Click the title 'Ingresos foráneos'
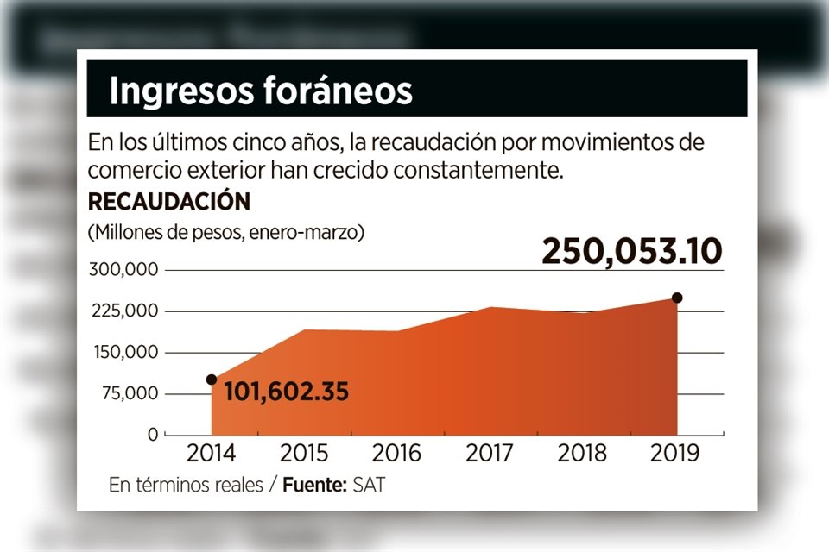(x=260, y=91)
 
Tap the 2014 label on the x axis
(x=212, y=454)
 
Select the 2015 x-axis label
(x=304, y=454)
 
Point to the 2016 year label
(x=397, y=454)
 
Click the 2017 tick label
(x=490, y=454)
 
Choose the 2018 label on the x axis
(x=582, y=454)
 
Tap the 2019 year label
(x=675, y=454)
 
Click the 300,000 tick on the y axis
(x=123, y=270)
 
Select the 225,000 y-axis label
(x=123, y=311)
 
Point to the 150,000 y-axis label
(x=123, y=353)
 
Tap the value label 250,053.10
(x=631, y=251)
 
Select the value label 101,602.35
(x=286, y=392)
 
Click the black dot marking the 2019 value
(x=677, y=298)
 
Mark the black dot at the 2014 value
(x=212, y=379)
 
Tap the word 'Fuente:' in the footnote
(x=315, y=485)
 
